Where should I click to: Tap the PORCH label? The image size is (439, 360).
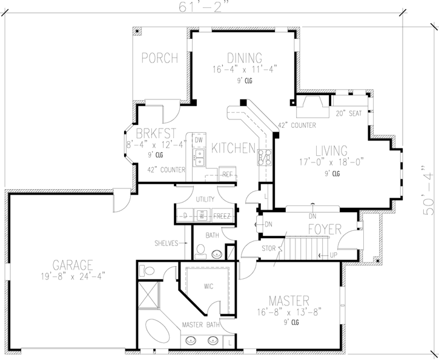click(x=160, y=58)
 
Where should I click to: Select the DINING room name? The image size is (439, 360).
click(x=245, y=58)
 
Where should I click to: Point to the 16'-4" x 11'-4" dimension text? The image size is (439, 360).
click(x=245, y=69)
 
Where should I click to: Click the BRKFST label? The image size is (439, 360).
click(x=155, y=133)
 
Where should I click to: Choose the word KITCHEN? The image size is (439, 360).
click(x=232, y=147)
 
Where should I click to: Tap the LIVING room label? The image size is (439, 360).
click(x=331, y=150)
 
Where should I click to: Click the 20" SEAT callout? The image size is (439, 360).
click(x=348, y=113)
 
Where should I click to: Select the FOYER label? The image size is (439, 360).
click(x=325, y=230)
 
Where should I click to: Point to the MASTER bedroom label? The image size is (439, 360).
click(x=289, y=301)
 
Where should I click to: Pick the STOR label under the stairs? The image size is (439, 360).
click(x=268, y=248)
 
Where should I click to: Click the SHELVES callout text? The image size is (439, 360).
click(x=165, y=243)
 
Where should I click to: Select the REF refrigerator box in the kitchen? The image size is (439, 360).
click(x=228, y=174)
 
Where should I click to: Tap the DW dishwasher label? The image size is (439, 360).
click(x=199, y=140)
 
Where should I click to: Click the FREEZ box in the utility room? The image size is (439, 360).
click(x=222, y=215)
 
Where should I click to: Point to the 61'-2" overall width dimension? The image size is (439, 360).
click(x=203, y=7)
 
